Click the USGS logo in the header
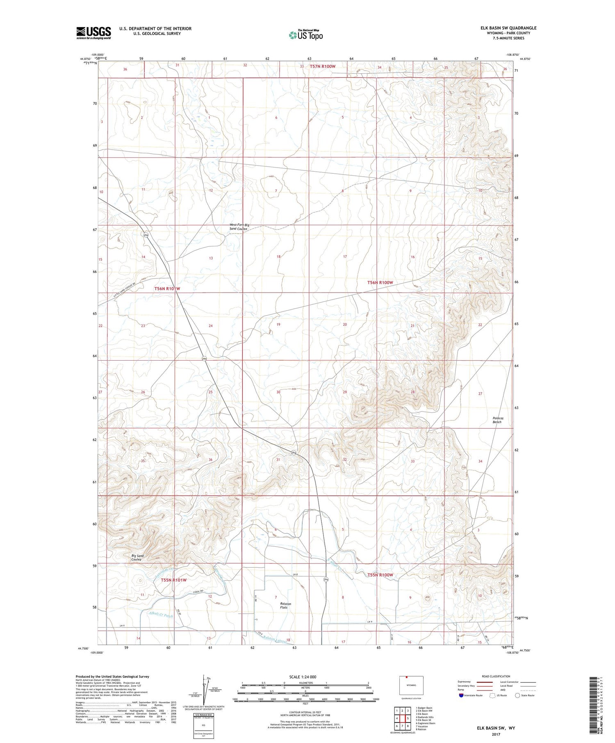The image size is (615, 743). [x=93, y=33]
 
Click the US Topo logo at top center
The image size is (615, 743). [x=305, y=35]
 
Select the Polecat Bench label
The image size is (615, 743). [x=497, y=420]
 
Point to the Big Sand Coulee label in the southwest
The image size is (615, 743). [x=137, y=557]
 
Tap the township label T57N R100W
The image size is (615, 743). [x=323, y=66]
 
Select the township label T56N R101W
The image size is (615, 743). [x=167, y=289]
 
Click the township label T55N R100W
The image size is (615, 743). [x=380, y=575]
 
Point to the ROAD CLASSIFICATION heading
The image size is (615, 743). [x=496, y=676]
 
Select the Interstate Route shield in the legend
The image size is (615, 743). [x=461, y=695]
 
